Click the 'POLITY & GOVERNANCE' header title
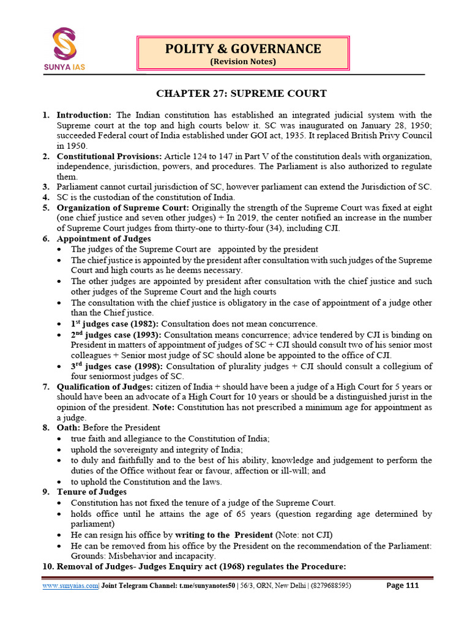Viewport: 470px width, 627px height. [x=243, y=48]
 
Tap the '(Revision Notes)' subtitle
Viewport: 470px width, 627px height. [x=243, y=62]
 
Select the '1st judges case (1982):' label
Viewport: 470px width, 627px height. [x=116, y=324]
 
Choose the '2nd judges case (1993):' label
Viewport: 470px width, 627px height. [x=116, y=335]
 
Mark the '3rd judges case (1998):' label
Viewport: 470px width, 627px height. [x=116, y=366]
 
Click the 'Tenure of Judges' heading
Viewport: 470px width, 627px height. [x=92, y=492]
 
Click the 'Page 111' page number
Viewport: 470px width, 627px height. [x=403, y=585]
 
